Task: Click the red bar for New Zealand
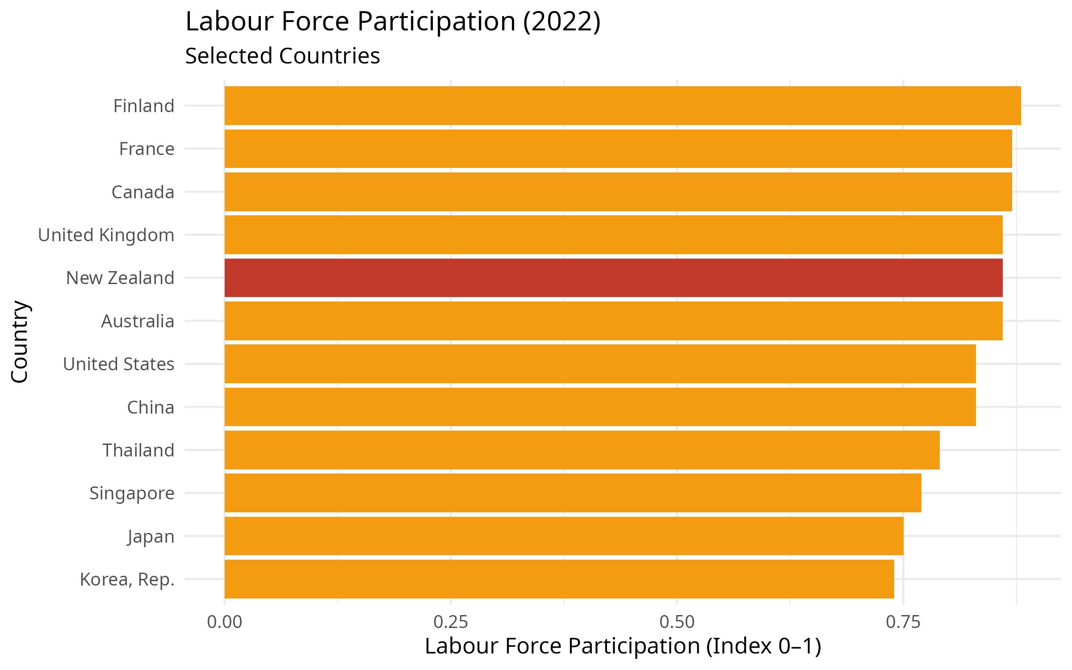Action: coord(613,278)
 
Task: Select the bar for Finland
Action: coord(623,106)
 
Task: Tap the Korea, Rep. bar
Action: coord(559,579)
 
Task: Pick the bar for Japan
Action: coord(564,536)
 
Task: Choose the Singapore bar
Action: coord(573,493)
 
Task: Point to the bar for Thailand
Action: coord(582,450)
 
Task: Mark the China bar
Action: coord(600,407)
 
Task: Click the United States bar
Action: coord(600,364)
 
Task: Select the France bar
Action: coord(618,149)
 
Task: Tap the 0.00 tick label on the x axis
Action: coord(224,622)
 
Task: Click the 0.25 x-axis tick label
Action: coord(451,622)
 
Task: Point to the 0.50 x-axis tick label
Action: coord(677,622)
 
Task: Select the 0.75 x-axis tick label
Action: coord(903,622)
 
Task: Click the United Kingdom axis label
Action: coord(106,235)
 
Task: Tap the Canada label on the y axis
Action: coord(143,192)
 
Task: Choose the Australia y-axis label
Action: coord(138,321)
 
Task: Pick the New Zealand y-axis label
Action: coord(120,278)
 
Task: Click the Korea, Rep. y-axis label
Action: coord(127,580)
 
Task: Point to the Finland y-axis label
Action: coord(143,106)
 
